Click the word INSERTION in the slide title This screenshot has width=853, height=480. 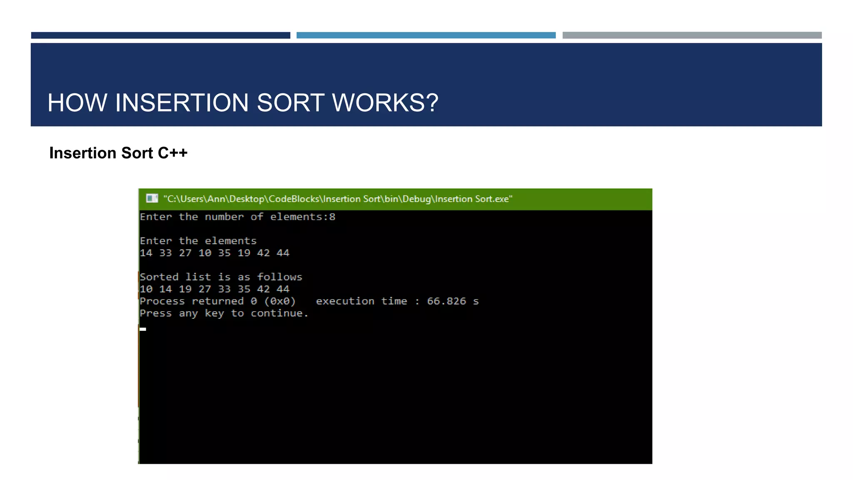click(182, 102)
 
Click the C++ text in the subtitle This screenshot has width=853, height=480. click(172, 153)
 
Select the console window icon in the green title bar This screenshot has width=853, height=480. click(152, 198)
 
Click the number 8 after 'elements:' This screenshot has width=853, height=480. click(332, 217)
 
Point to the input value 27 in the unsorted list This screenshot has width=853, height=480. click(185, 253)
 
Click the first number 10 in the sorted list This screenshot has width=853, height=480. click(146, 289)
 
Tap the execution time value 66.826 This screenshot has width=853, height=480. click(446, 301)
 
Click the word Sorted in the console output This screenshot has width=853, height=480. click(159, 277)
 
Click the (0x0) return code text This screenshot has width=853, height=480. click(280, 301)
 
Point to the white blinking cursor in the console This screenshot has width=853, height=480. click(143, 329)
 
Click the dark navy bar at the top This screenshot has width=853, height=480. click(160, 35)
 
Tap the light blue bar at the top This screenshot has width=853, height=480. click(426, 35)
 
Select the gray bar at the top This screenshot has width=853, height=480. click(692, 35)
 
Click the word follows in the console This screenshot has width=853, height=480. click(279, 277)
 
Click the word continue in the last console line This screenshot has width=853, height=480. click(277, 313)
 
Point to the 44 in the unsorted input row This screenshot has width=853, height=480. click(283, 253)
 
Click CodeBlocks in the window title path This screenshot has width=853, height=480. click(294, 199)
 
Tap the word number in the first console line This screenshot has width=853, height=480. click(224, 217)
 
